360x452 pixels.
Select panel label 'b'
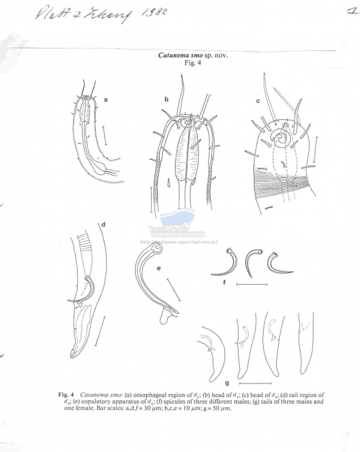pyautogui.click(x=166, y=99)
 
